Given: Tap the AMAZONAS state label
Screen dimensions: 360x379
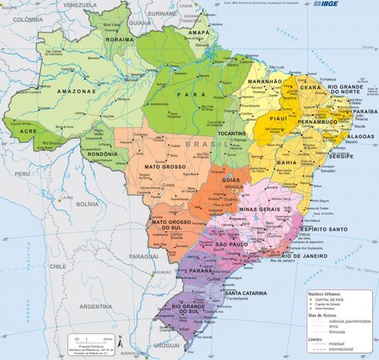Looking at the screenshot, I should point(75,91).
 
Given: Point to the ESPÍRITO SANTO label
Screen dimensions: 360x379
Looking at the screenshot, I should point(324,228).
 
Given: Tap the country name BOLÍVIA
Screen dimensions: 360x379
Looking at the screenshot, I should point(87,204).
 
